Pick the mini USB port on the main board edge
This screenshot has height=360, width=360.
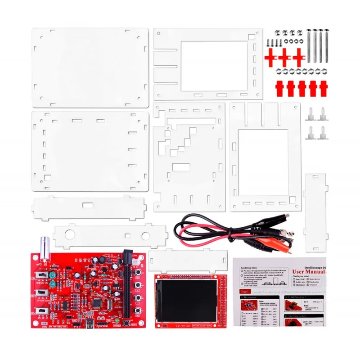point(90,323)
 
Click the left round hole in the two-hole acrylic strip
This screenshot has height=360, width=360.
point(69,235)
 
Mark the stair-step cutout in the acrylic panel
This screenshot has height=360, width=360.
point(180,144)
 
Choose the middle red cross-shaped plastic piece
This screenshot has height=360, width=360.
point(284,58)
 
